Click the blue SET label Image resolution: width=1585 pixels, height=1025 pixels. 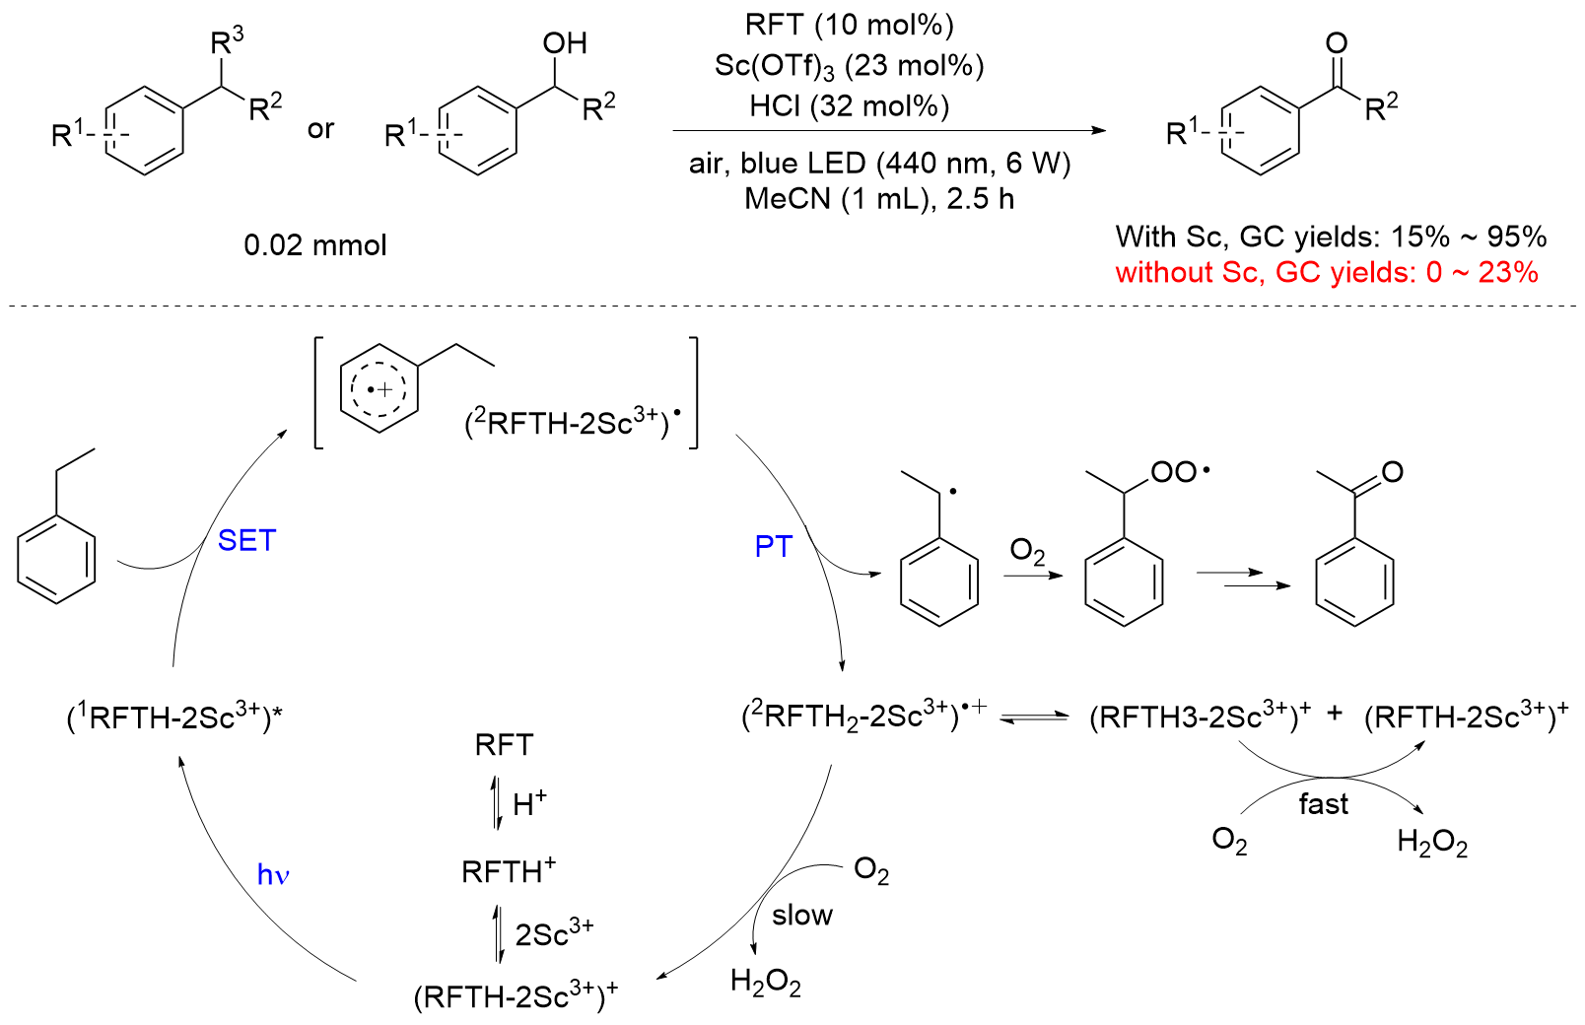coord(246,540)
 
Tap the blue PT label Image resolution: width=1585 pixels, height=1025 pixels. coord(773,546)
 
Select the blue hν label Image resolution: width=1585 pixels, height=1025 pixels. coord(272,874)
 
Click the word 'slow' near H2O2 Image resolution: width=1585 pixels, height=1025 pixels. coord(801,916)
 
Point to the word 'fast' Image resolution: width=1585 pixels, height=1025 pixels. coord(1323,804)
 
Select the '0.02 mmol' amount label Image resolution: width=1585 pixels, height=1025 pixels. coord(315,244)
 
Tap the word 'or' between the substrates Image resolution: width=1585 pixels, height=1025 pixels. coord(320,129)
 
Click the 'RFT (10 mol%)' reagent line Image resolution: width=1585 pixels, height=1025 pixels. coord(849,25)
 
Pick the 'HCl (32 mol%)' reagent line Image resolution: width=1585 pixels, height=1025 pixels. coord(849,105)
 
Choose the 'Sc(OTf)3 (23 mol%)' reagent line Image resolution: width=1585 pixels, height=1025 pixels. coord(849,66)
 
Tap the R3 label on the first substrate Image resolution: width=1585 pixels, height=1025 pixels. coord(227,41)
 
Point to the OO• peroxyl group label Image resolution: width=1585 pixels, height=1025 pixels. coord(1179,472)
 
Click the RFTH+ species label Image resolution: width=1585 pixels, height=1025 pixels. coord(509,870)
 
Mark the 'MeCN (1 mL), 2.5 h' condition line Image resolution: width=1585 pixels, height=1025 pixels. coord(878,198)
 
